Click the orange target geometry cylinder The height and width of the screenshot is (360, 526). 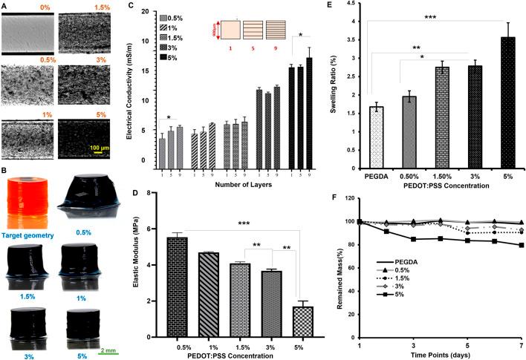click(27, 200)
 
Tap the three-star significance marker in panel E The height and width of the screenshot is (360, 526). click(440, 13)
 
